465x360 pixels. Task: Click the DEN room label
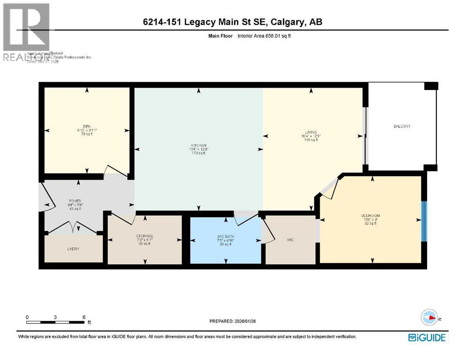tap(86, 126)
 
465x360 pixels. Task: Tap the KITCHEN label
tap(199, 145)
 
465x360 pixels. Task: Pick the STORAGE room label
tap(145, 236)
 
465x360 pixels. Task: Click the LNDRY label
tap(73, 248)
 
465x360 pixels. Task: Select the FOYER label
tap(75, 201)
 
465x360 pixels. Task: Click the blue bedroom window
tap(424, 221)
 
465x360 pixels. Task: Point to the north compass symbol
tap(429, 317)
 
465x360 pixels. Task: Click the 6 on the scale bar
tap(83, 317)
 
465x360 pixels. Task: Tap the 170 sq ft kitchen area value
tap(199, 153)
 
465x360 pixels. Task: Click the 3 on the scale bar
tap(55, 317)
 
